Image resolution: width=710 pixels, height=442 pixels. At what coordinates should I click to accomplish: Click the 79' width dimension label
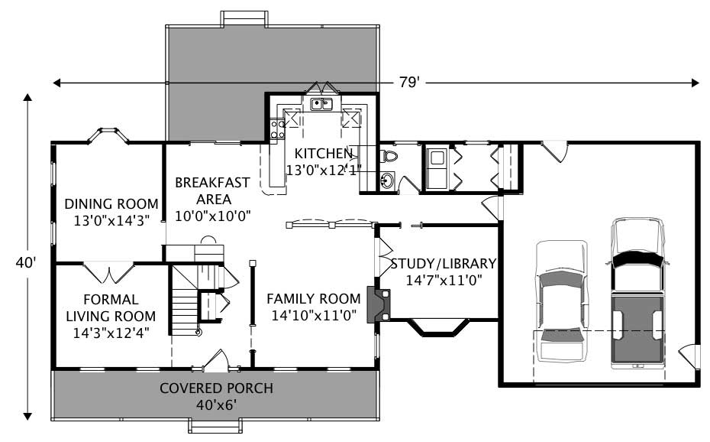(x=408, y=83)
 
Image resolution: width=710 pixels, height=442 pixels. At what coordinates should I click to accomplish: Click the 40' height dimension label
(x=27, y=262)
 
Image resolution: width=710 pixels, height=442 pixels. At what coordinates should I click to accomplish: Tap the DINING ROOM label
(x=111, y=204)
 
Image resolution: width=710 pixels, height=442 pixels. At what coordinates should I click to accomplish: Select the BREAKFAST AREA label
(x=212, y=190)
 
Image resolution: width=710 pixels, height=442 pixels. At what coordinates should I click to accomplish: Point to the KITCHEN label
(x=324, y=153)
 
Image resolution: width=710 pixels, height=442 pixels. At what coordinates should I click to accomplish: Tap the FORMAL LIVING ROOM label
(x=111, y=307)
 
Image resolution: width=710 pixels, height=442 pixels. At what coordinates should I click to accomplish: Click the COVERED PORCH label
(x=216, y=388)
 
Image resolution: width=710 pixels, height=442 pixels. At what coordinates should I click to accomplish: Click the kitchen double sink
(x=321, y=104)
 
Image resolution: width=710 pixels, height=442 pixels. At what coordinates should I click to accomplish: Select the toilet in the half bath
(x=389, y=158)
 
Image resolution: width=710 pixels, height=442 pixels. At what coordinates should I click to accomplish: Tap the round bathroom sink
(x=387, y=181)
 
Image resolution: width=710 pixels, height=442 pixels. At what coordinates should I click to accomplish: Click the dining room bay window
(x=107, y=135)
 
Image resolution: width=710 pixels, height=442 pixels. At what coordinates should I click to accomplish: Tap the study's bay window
(x=436, y=327)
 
